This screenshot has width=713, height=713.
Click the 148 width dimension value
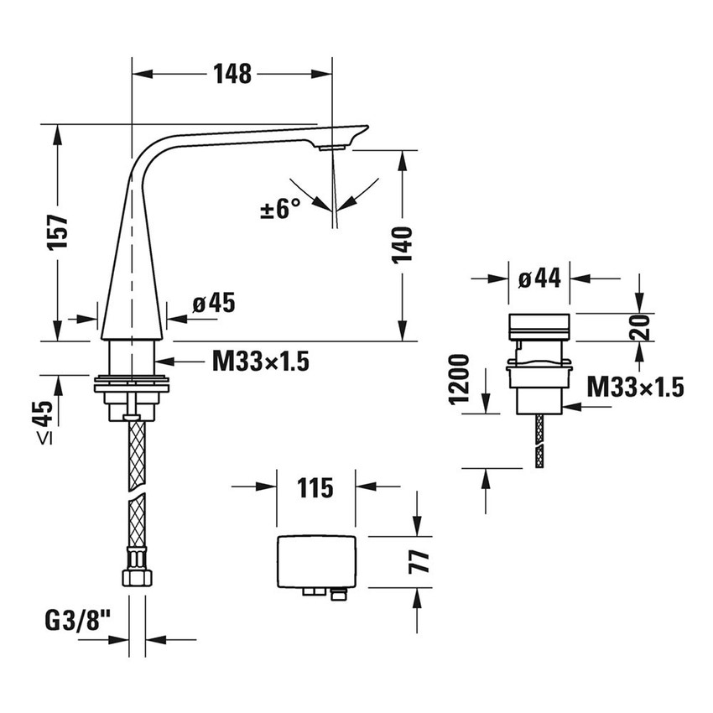click(x=232, y=74)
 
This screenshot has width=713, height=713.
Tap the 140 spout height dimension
click(x=403, y=245)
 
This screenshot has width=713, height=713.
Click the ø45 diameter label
click(x=213, y=303)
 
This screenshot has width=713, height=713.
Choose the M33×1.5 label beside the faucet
click(x=261, y=362)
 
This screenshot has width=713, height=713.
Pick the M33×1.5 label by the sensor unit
click(x=635, y=386)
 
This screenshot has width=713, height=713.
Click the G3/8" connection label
click(x=78, y=622)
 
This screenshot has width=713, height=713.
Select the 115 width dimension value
click(x=315, y=487)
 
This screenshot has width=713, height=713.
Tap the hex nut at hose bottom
click(x=136, y=577)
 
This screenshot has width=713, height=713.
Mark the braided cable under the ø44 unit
click(x=540, y=440)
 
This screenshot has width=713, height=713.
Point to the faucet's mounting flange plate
click(x=131, y=385)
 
